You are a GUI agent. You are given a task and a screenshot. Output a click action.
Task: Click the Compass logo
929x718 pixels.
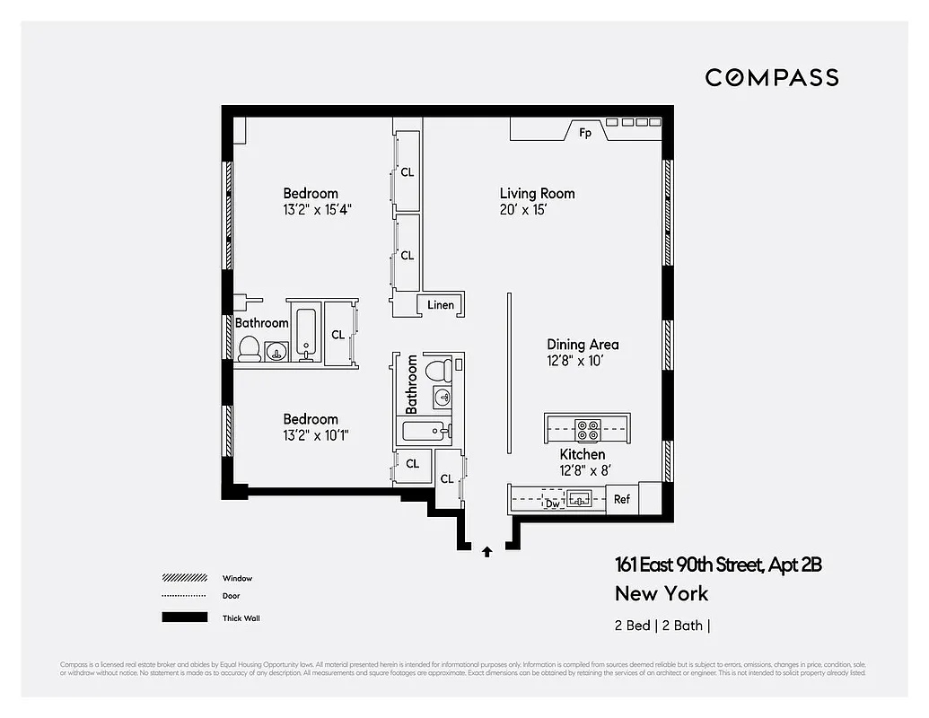point(771,77)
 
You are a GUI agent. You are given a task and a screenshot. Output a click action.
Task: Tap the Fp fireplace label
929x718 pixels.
point(585,133)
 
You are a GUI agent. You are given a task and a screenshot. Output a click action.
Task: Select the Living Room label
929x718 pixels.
point(537,193)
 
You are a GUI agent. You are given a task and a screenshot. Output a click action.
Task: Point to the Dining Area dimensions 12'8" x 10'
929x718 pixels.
point(583,361)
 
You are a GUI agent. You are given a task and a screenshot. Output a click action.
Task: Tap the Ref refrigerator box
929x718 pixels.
point(622,500)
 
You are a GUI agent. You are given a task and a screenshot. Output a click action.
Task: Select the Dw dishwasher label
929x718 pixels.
point(553,503)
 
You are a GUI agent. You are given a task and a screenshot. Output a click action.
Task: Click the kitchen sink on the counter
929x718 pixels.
point(578,498)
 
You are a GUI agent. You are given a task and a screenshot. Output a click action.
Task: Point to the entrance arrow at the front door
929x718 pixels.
point(486,551)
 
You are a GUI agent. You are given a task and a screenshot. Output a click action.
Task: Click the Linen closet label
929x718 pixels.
point(441,305)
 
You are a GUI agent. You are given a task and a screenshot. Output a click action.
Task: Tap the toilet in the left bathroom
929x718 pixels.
point(249,348)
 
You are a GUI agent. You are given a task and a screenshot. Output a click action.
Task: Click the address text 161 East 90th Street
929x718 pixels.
point(718,565)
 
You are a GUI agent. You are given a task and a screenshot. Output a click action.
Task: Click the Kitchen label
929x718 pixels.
point(583,455)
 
